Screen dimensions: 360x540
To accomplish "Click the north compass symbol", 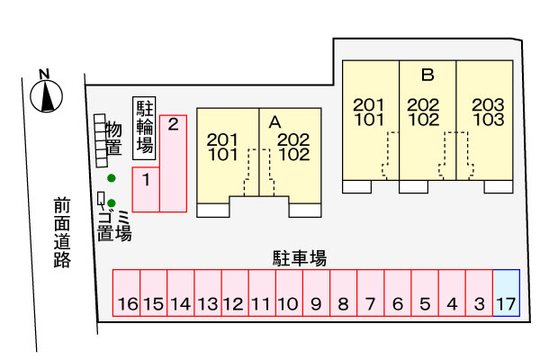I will pyautogui.click(x=46, y=92).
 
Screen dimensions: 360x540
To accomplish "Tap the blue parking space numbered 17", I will pyautogui.click(x=506, y=292).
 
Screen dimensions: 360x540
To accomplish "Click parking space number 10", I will pyautogui.click(x=289, y=292).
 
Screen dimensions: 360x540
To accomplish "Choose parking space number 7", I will pyautogui.click(x=370, y=292).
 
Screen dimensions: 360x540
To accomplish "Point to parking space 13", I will pyautogui.click(x=208, y=292).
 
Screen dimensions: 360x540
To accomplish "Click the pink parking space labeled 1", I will pyautogui.click(x=146, y=189).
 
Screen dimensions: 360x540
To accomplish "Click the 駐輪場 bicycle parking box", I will pyautogui.click(x=144, y=128).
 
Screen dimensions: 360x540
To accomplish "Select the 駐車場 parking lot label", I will pyautogui.click(x=299, y=258).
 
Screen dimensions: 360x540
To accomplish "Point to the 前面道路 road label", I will pyautogui.click(x=61, y=233).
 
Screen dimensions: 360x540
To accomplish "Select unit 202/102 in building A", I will pyautogui.click(x=293, y=146).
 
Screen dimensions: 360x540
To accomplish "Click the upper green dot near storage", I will pyautogui.click(x=111, y=178).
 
